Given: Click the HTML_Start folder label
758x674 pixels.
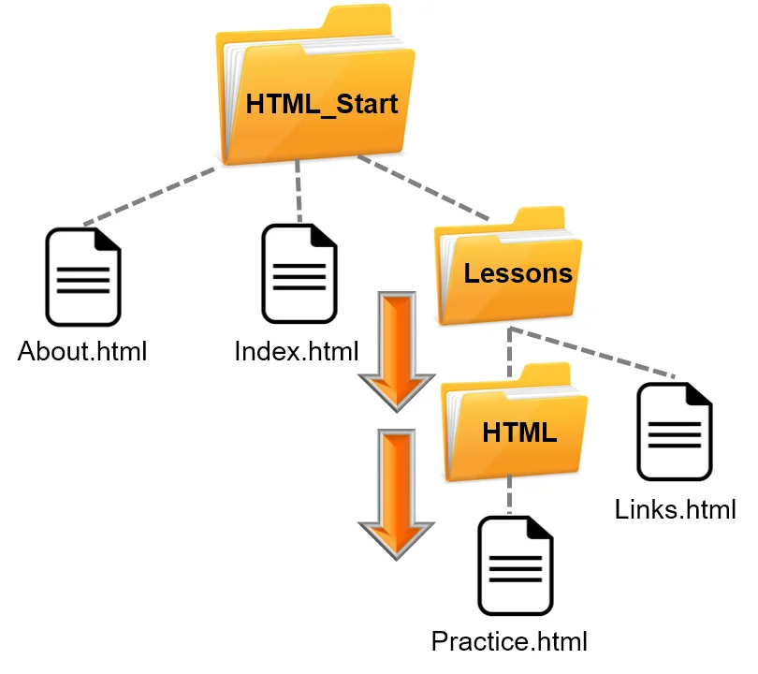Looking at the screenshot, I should [x=322, y=103].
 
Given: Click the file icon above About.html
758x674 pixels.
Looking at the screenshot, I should [x=83, y=278].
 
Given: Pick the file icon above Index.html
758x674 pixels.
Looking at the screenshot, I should [x=299, y=273].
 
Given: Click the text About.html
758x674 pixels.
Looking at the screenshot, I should [x=83, y=353].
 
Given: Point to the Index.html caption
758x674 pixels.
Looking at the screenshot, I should [x=297, y=353].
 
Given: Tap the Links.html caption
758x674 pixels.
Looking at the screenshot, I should [x=676, y=510].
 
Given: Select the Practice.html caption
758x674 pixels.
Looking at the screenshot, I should [x=509, y=642].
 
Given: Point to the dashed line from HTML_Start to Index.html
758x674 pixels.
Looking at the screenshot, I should [x=299, y=192].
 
